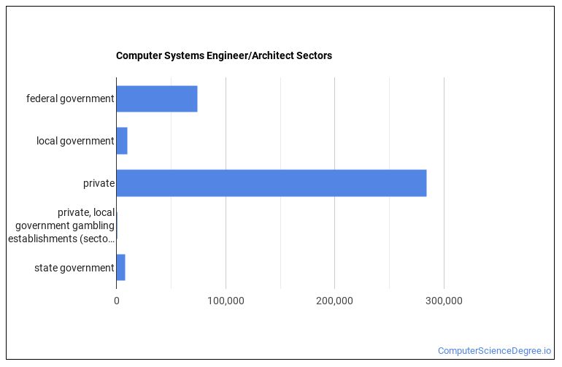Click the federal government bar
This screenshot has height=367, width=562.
157,98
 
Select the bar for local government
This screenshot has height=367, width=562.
122,141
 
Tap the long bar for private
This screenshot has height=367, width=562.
271,183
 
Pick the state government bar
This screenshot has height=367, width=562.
120,268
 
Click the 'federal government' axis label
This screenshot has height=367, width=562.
70,98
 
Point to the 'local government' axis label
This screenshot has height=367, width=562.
75,141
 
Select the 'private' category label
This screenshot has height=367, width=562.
99,183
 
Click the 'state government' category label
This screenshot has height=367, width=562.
74,268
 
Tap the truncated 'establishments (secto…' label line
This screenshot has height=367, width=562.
61,239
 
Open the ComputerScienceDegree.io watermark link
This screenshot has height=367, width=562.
494,351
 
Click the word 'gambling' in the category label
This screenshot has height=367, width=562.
93,225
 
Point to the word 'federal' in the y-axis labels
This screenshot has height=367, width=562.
42,98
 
